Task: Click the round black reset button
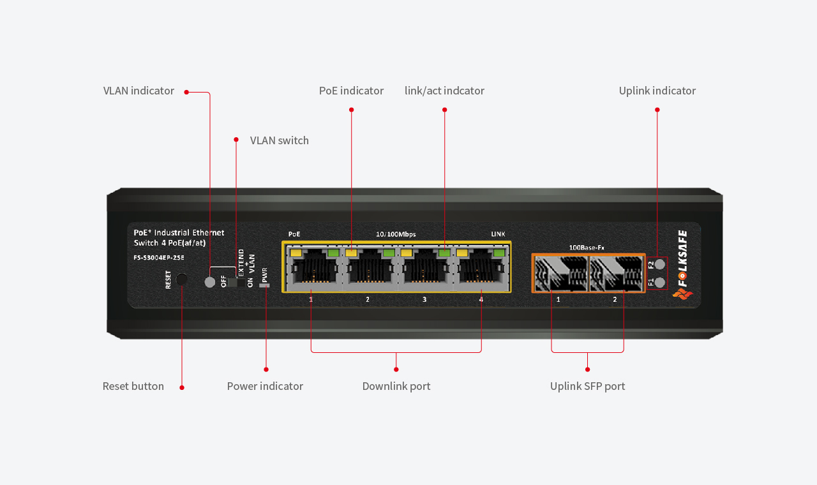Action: tap(181, 280)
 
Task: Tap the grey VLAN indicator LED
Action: tap(210, 282)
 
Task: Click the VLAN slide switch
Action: tap(236, 282)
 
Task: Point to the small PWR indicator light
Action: tap(264, 285)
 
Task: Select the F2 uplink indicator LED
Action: tap(660, 264)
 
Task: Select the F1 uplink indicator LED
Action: tap(660, 282)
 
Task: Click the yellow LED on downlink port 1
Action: tap(296, 252)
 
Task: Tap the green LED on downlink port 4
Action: tap(498, 252)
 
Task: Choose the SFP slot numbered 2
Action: tap(616, 273)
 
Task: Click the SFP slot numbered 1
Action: tap(561, 273)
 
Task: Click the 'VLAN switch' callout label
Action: tap(280, 140)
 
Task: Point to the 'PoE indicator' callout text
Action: tap(351, 91)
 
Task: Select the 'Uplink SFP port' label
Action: tap(588, 386)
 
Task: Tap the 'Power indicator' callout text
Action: tap(265, 386)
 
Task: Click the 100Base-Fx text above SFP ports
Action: tap(587, 248)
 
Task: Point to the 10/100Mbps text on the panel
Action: tap(396, 234)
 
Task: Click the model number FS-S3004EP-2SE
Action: tap(159, 257)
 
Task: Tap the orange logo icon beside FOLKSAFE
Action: tap(682, 294)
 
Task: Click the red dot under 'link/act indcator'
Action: tap(444, 110)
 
